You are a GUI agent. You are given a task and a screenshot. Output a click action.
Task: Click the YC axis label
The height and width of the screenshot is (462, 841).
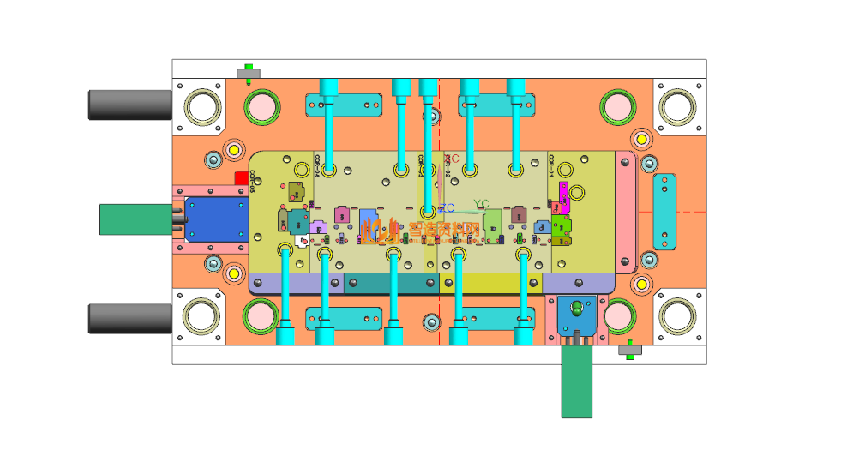(481, 204)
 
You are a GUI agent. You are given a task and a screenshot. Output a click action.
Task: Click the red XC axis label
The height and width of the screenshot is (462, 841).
(454, 159)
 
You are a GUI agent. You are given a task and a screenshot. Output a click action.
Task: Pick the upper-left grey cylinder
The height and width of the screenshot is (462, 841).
(130, 105)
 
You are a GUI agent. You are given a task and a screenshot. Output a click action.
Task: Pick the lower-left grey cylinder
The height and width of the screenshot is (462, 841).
(130, 318)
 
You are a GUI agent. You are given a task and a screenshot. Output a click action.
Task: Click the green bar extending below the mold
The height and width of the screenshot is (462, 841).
(576, 383)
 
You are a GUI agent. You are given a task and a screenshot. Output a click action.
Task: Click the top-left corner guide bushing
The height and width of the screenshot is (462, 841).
(203, 107)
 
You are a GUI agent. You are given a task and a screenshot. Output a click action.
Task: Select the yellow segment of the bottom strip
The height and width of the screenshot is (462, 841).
(490, 283)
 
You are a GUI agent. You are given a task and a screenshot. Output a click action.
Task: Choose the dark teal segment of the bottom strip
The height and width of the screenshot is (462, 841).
(390, 283)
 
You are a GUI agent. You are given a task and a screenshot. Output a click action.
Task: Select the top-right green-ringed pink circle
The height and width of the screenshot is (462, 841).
(617, 106)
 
